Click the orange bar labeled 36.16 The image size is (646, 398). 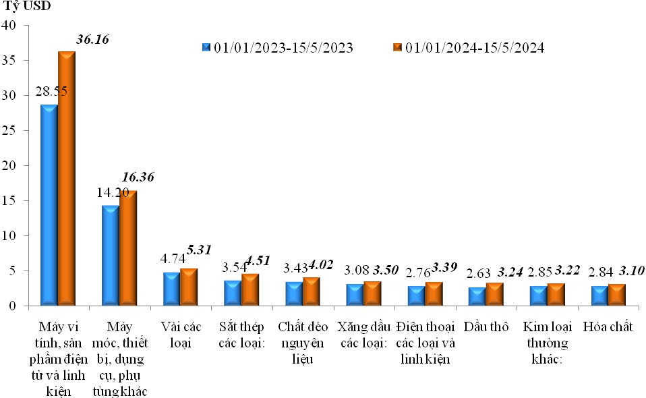pos(67,178)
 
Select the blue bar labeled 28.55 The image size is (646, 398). pos(49,205)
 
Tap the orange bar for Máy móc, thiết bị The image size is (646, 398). pos(128,248)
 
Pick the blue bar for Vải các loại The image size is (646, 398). pos(171,289)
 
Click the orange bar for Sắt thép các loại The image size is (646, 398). pos(250,290)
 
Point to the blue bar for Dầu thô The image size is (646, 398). pos(477,297)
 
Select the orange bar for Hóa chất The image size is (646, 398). pos(616,295)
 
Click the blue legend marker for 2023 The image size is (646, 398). pos(206,47)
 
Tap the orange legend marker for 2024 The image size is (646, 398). pos(397,47)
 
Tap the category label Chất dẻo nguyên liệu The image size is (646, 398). pos(303,343)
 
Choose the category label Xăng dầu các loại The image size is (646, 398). pos(362,335)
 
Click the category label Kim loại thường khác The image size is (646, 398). pos(547,343)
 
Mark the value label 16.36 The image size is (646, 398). pos(138,177)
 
